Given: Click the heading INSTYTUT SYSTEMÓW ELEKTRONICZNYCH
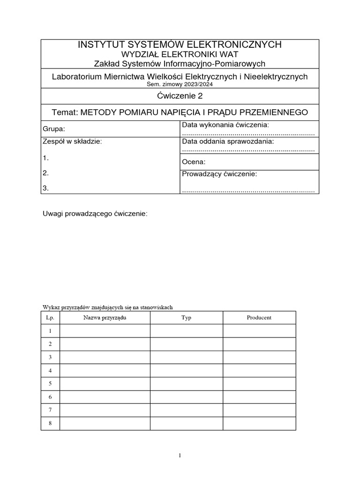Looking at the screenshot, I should click(x=180, y=45).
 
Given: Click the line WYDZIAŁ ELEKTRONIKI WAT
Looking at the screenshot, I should click(x=180, y=54).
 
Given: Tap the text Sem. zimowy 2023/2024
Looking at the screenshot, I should click(x=180, y=84).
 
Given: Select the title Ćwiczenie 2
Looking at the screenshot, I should click(x=180, y=96).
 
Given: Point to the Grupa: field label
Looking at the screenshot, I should click(x=54, y=128).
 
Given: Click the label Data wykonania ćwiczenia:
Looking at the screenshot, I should click(x=225, y=125).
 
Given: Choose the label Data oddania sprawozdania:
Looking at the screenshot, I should click(x=227, y=141).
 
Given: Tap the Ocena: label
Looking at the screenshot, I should click(x=194, y=162).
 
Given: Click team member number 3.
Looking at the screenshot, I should click(x=45, y=188).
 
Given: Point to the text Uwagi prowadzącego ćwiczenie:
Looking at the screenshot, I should click(x=95, y=214).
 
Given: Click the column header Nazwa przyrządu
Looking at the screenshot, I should click(x=105, y=318).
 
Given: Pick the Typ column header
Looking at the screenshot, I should click(x=186, y=318).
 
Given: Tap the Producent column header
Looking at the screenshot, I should click(x=259, y=318).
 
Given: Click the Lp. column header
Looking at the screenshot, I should click(x=50, y=318).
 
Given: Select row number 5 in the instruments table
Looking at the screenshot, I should click(x=50, y=383).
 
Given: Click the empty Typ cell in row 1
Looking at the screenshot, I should click(x=186, y=331).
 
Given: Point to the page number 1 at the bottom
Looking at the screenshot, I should click(x=180, y=455).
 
